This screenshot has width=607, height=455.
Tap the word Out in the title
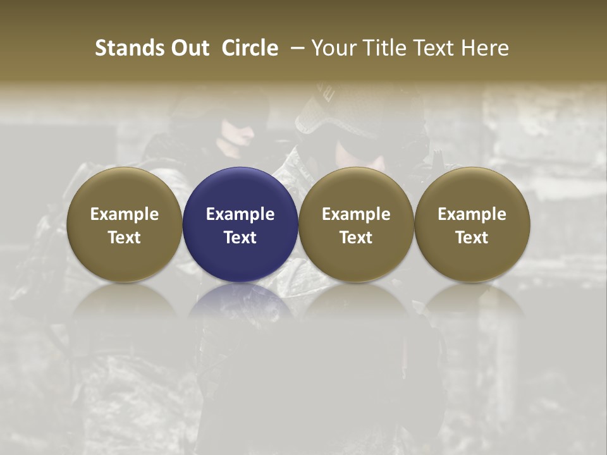coord(189,48)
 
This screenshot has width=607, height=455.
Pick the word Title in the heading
coord(386,48)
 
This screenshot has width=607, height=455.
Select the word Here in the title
coord(486,48)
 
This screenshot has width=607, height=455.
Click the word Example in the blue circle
coord(240,214)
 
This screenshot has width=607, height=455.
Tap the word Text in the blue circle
coord(240,238)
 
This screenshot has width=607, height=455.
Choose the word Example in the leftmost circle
coord(125,214)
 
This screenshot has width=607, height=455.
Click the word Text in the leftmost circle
coord(125,238)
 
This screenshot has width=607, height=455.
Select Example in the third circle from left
coord(356,214)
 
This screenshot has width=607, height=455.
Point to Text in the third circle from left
coord(356,238)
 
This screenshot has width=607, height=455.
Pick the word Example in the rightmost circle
coord(472,214)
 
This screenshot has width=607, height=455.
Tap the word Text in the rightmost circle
coord(472,238)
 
